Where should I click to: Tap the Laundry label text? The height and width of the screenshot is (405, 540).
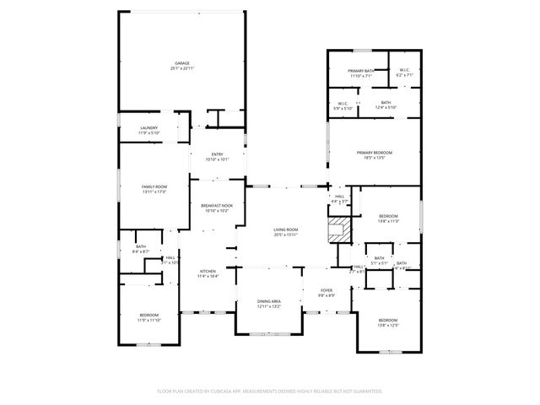tap(148, 130)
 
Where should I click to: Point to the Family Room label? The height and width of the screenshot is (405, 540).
tap(154, 188)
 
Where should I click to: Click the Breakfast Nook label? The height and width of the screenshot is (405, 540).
tap(216, 208)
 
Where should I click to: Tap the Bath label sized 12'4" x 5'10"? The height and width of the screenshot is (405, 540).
tap(386, 105)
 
